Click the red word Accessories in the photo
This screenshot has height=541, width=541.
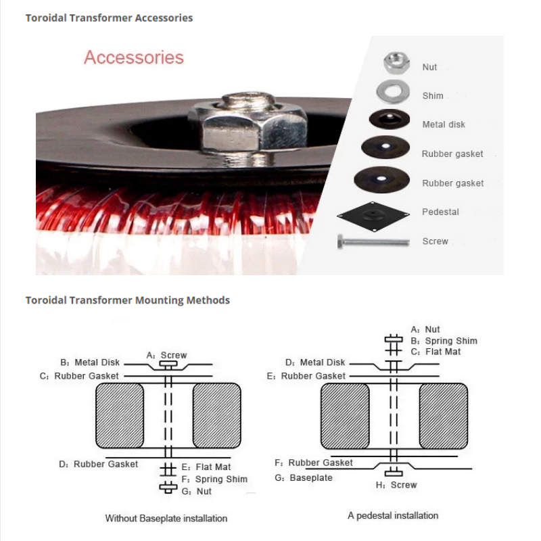(134, 57)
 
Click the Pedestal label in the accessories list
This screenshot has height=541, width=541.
(440, 212)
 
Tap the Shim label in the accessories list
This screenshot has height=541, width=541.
(433, 96)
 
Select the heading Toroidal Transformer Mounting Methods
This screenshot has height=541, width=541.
(128, 300)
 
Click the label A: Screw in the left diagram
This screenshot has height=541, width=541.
(166, 355)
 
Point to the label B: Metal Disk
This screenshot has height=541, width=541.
(90, 362)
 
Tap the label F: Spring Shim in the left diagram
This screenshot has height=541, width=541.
(214, 479)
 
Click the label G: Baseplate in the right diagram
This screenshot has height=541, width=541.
(304, 477)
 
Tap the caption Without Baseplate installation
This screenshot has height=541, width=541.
(166, 519)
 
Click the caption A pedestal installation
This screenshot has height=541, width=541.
(393, 515)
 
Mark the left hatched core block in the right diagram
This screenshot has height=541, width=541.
(345, 416)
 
